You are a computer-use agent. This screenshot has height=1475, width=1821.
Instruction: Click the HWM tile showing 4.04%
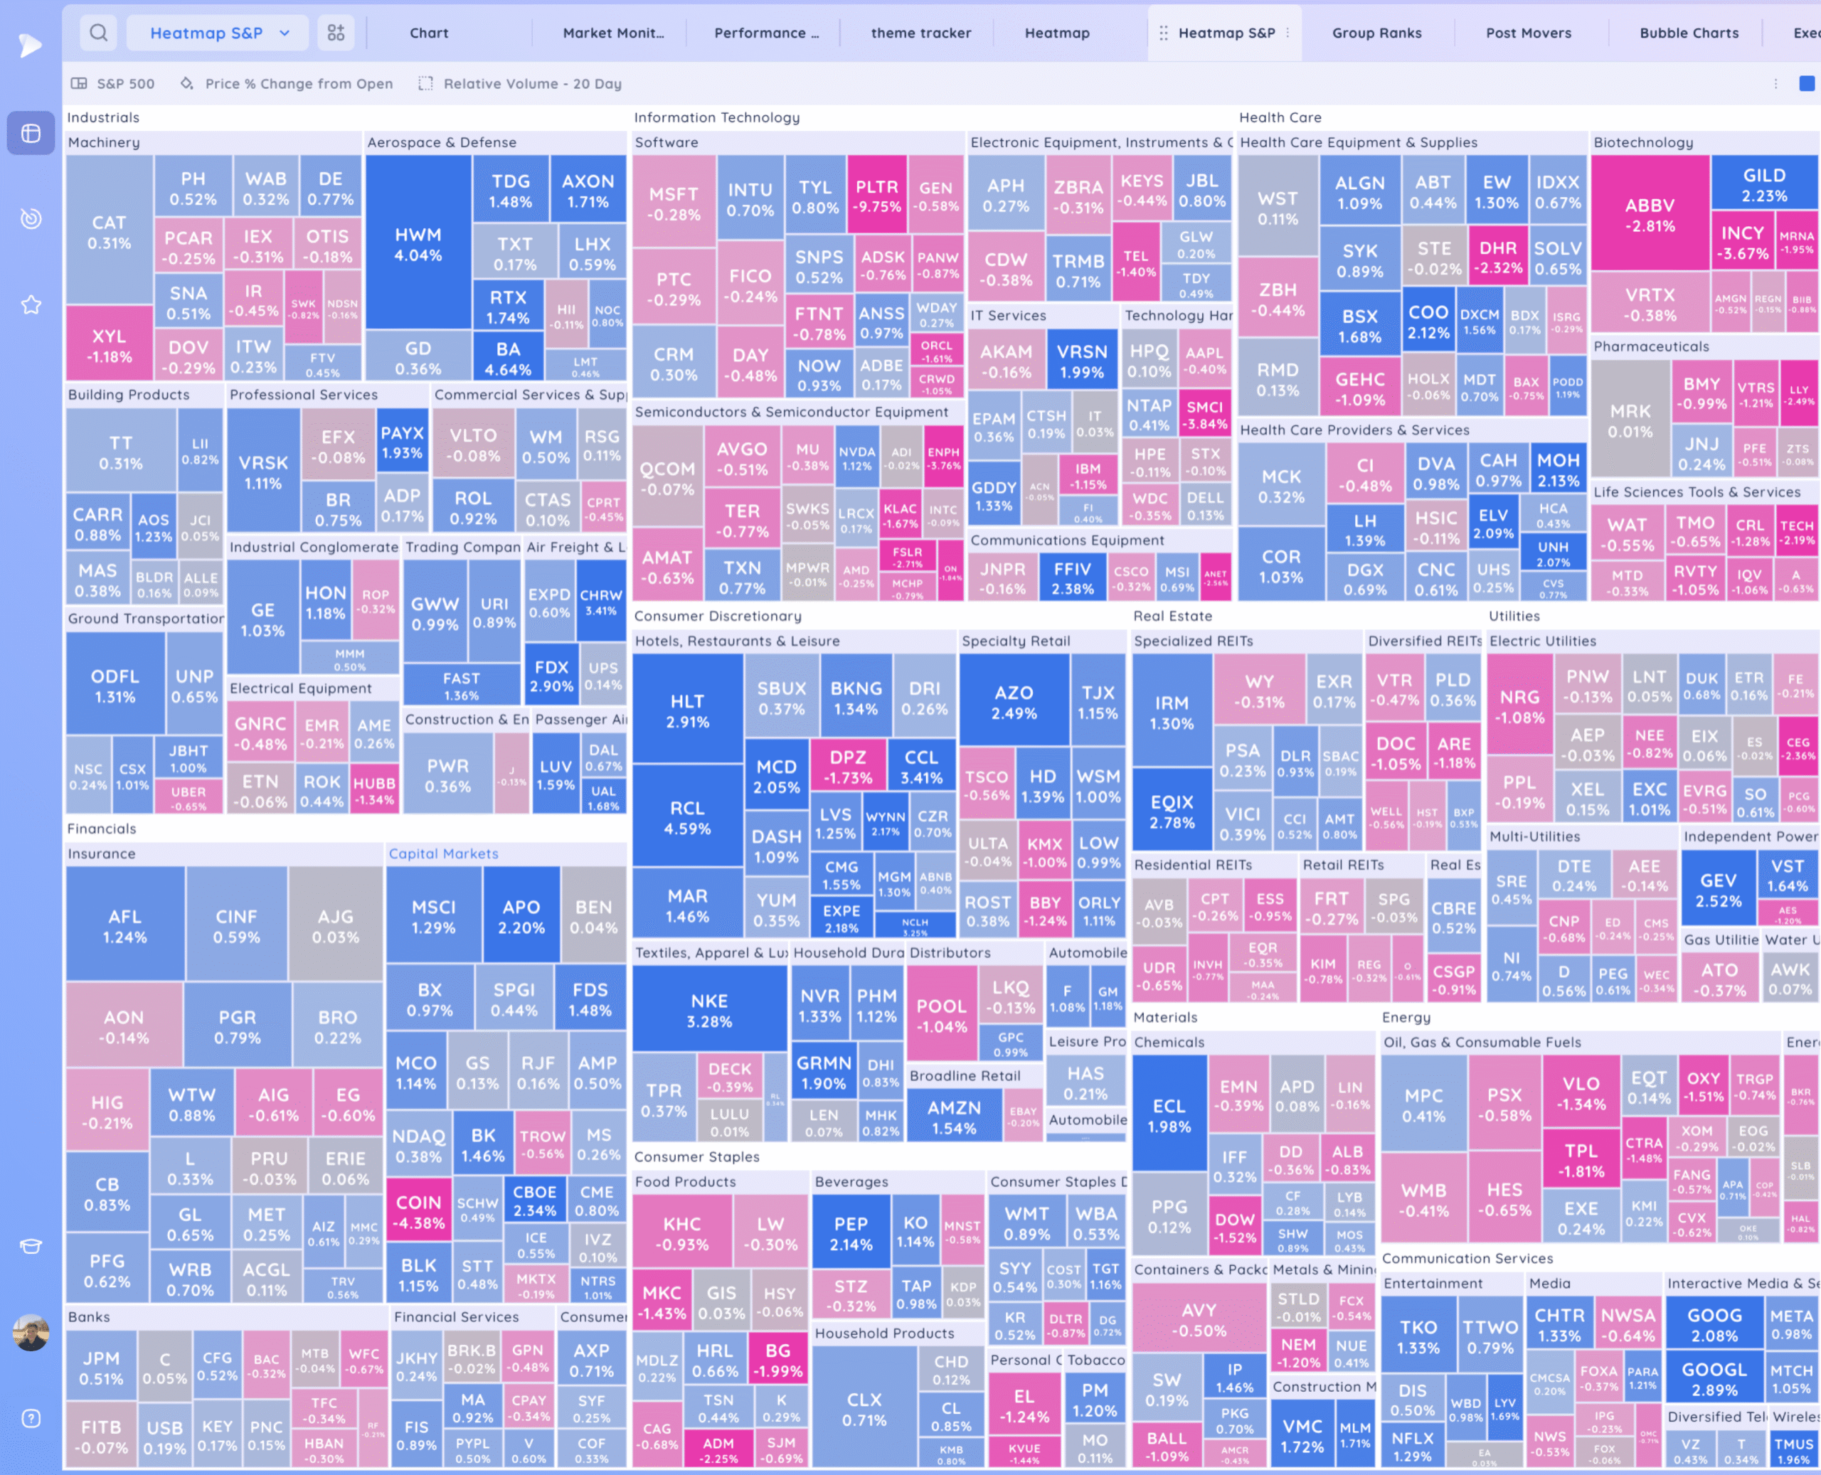pos(418,245)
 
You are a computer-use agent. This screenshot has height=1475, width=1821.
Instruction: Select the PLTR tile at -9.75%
pos(876,196)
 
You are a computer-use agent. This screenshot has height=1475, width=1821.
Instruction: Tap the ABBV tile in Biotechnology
pos(1650,215)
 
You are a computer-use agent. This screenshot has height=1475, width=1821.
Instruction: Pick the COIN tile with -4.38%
pos(419,1212)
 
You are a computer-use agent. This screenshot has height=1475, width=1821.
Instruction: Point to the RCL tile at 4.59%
pos(686,817)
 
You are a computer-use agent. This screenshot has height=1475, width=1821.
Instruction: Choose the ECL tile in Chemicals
pos(1169,1116)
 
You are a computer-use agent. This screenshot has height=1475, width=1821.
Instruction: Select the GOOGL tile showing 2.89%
pos(1714,1379)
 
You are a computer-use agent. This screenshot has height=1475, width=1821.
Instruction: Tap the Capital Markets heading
pos(444,853)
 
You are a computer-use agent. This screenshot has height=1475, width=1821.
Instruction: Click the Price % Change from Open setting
pos(298,83)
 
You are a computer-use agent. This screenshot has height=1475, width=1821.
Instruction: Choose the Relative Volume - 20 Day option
pos(532,83)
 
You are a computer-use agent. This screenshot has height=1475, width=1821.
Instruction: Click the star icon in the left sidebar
pos(31,304)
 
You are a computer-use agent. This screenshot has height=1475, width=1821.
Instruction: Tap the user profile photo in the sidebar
pos(31,1332)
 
